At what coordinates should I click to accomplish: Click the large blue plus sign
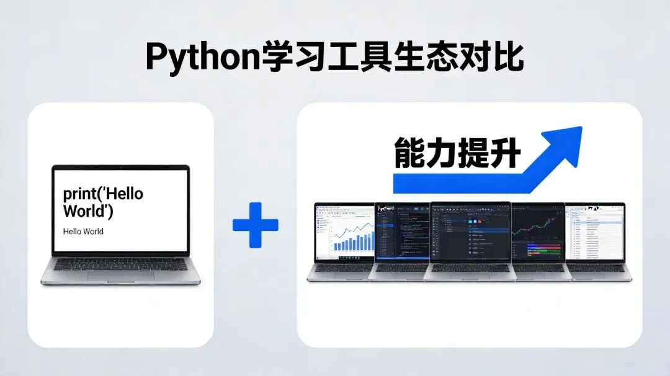click(x=256, y=225)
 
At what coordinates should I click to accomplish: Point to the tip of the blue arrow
click(x=580, y=129)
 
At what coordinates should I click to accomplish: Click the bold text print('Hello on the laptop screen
click(x=103, y=194)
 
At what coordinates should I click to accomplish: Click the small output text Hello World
click(x=83, y=232)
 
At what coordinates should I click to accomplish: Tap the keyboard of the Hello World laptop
click(x=120, y=265)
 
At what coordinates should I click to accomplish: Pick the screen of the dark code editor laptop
click(x=403, y=232)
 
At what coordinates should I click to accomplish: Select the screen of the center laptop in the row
click(x=470, y=232)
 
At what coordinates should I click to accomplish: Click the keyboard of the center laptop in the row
click(x=470, y=268)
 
